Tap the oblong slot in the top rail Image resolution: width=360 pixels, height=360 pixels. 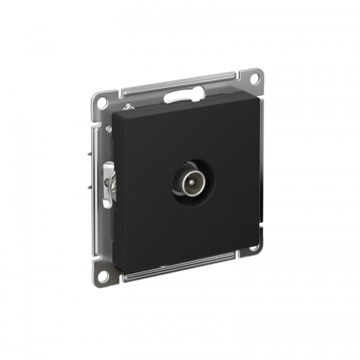coord(176,95)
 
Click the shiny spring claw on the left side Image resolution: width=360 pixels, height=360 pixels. coord(109,184)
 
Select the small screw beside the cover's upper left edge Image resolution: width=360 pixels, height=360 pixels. coord(109,128)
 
